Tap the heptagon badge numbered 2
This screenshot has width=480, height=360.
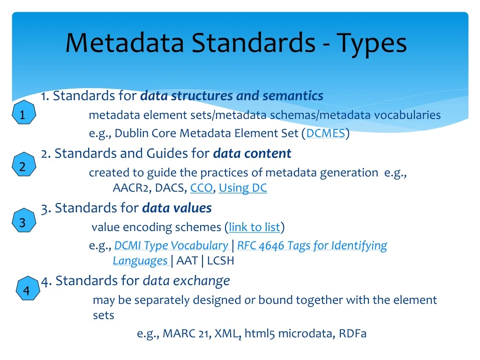[22, 166]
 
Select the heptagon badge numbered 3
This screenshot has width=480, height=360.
[22, 222]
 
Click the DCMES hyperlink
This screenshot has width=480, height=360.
[326, 134]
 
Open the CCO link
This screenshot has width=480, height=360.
[201, 188]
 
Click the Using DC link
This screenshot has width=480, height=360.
[242, 188]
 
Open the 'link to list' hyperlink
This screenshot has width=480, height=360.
[254, 227]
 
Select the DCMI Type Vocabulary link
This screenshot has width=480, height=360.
[171, 246]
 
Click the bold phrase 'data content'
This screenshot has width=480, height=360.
[252, 153]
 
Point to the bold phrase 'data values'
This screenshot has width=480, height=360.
[177, 208]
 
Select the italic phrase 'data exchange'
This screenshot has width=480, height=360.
[186, 281]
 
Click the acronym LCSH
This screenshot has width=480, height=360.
[220, 261]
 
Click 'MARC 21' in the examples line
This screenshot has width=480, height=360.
[186, 334]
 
